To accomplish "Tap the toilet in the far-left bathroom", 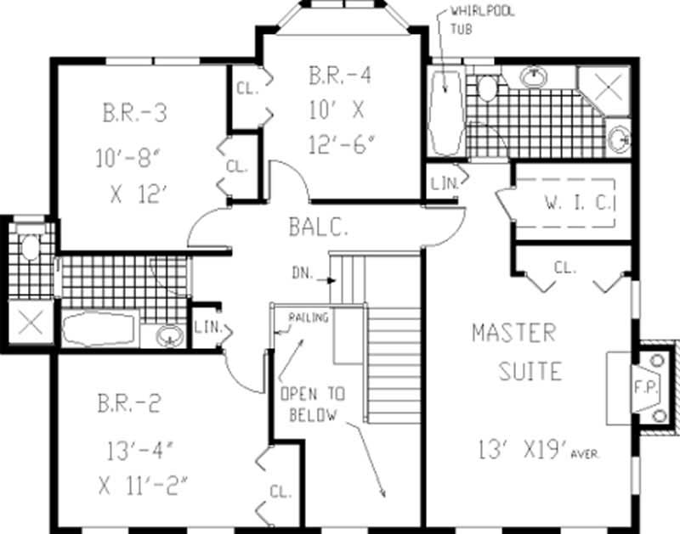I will (x=30, y=247).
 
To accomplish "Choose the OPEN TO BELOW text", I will (x=313, y=404).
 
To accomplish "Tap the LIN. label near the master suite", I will (x=441, y=183).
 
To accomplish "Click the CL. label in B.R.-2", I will (x=280, y=491).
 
